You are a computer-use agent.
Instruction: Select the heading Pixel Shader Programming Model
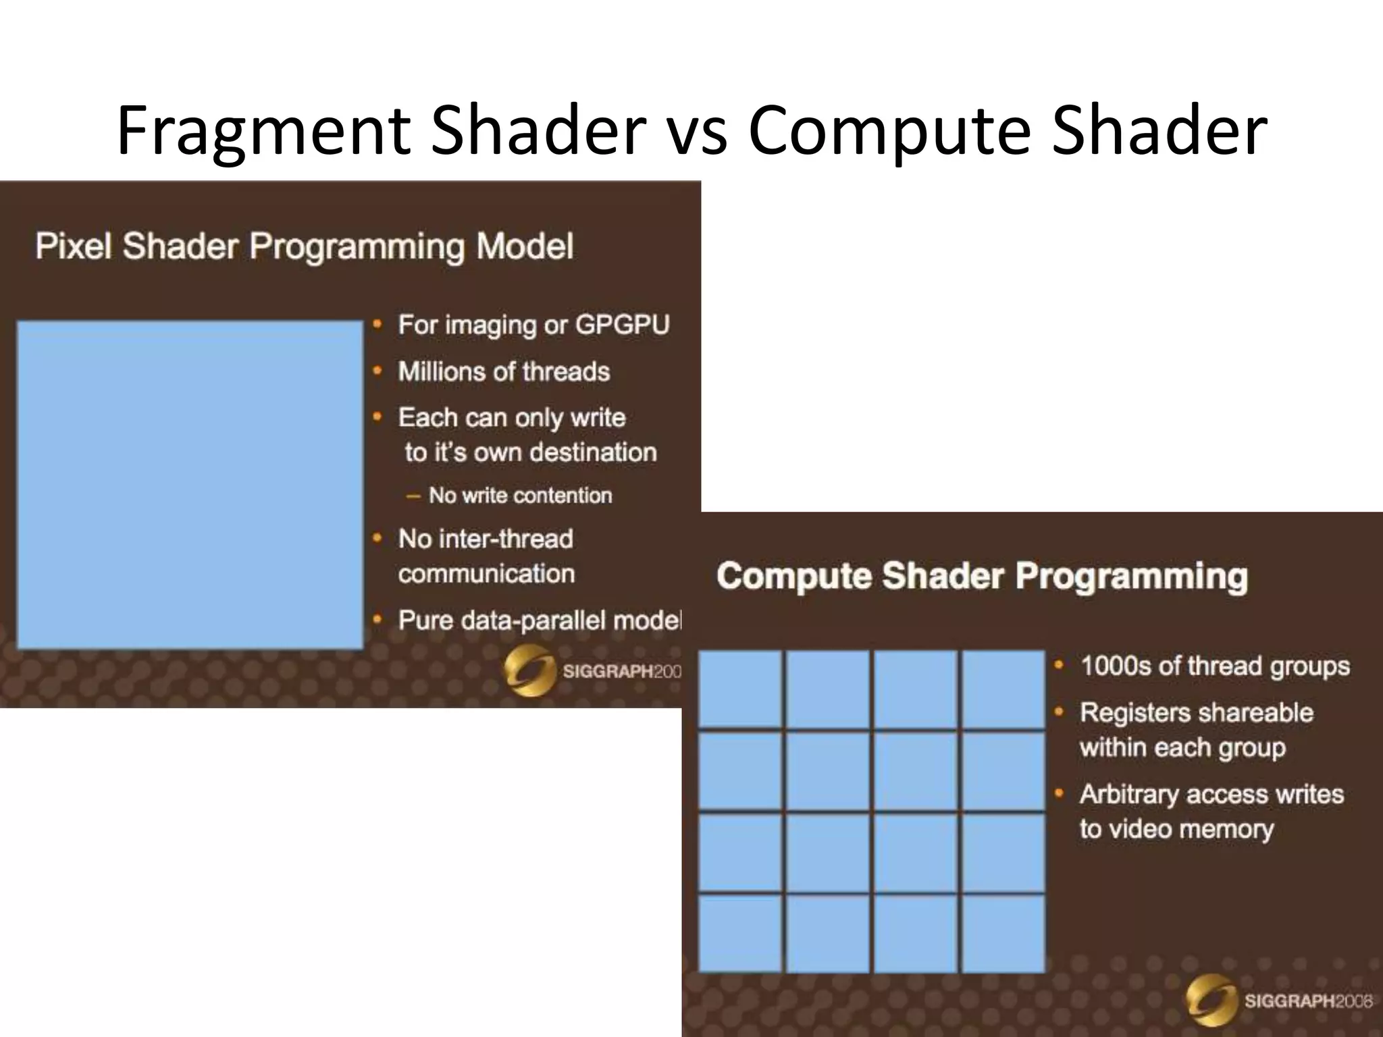[x=304, y=246]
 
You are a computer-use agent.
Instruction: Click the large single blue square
[x=190, y=485]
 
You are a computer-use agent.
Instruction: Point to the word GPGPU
[x=622, y=325]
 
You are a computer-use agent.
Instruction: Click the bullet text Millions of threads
[x=504, y=372]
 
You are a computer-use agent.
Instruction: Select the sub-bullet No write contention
[x=520, y=496]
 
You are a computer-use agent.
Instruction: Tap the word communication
[x=486, y=574]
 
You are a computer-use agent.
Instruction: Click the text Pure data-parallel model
[x=539, y=620]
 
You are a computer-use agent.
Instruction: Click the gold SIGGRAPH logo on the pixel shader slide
[x=529, y=670]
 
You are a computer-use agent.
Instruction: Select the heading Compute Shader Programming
[x=982, y=577]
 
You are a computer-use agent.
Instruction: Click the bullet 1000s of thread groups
[x=1215, y=666]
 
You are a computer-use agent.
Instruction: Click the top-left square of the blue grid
[x=740, y=689]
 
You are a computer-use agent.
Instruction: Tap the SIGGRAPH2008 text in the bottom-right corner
[x=1308, y=1001]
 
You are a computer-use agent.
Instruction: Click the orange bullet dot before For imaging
[x=378, y=325]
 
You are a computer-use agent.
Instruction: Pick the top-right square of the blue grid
[x=1003, y=689]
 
